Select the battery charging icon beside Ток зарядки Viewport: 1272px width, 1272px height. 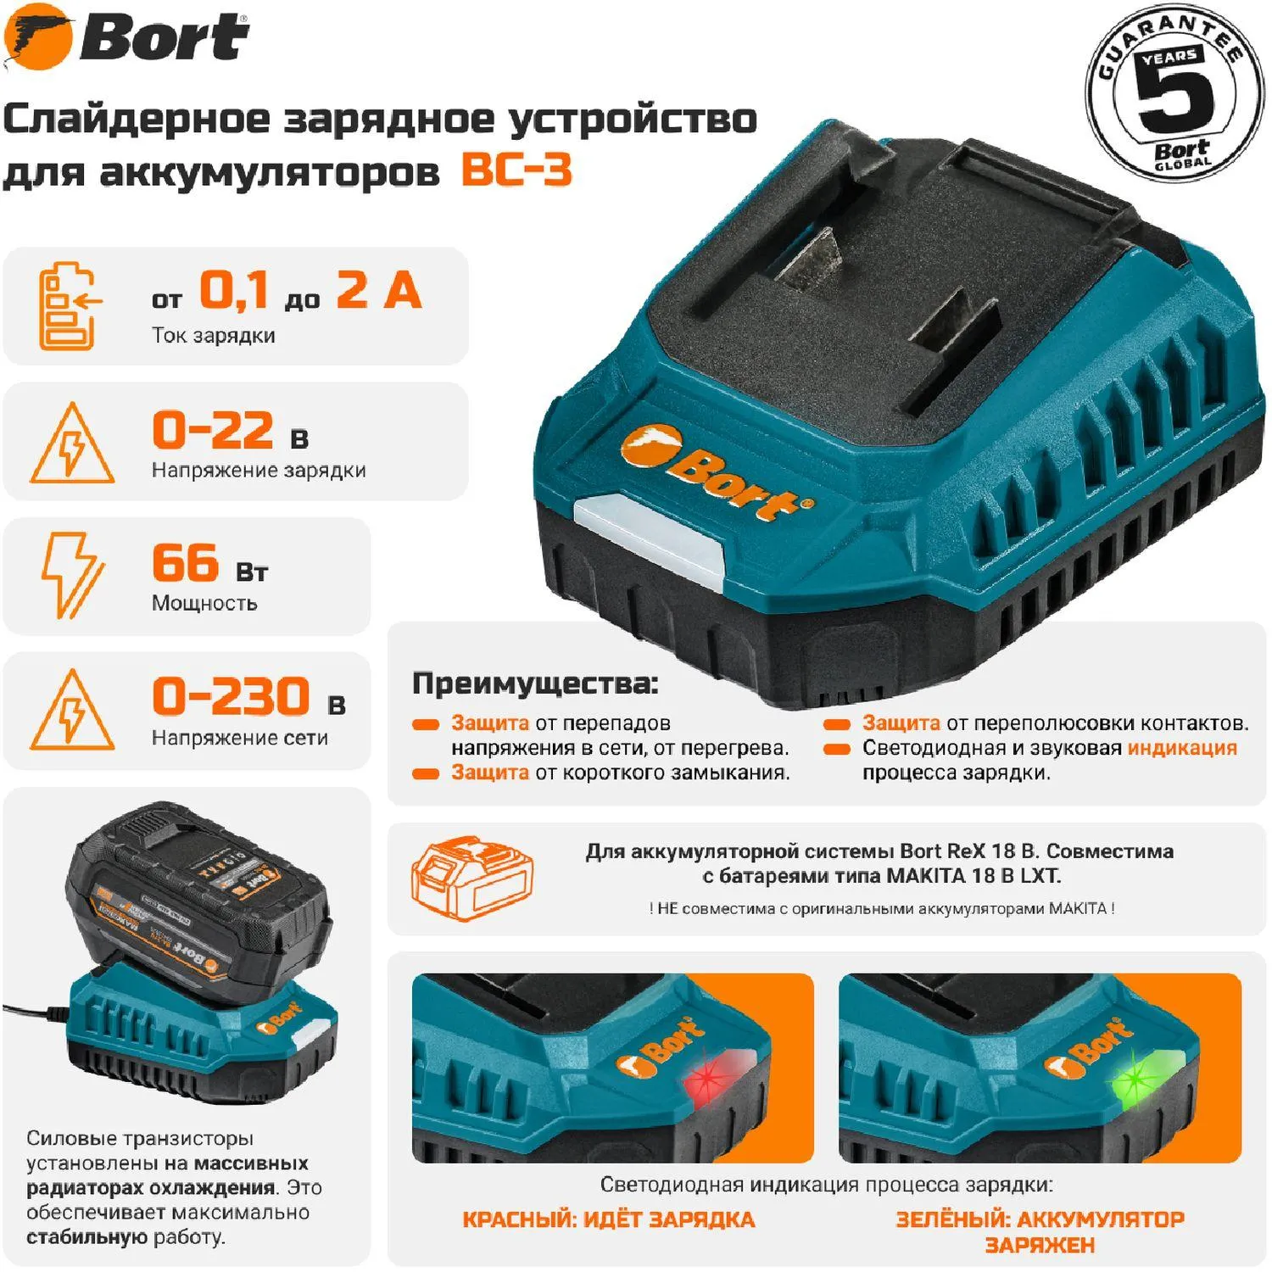(70, 306)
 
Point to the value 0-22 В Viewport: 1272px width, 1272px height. (230, 431)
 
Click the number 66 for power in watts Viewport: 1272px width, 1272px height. (185, 563)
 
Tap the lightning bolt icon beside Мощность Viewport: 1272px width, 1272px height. (72, 575)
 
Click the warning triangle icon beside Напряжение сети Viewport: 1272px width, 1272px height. (72, 710)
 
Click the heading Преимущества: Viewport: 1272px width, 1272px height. (535, 683)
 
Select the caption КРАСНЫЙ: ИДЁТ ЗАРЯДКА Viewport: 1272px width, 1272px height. (608, 1220)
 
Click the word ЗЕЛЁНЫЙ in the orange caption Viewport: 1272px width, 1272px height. (951, 1219)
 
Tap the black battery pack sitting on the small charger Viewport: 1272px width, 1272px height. (199, 899)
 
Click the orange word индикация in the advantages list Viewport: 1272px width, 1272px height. (1182, 748)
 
